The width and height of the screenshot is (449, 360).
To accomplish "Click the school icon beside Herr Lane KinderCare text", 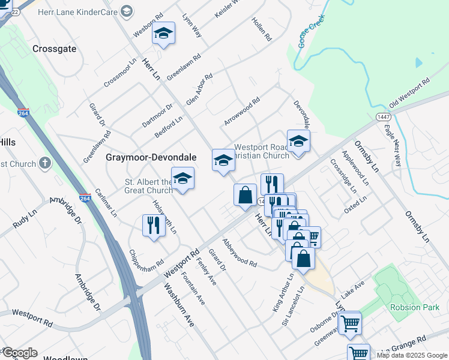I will [127, 11].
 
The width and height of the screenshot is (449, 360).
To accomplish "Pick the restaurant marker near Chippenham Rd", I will [154, 225].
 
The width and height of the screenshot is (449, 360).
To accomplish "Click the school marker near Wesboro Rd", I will [163, 34].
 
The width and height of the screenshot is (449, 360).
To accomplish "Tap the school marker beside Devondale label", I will [298, 142].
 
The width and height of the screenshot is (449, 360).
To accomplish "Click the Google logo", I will [19, 353].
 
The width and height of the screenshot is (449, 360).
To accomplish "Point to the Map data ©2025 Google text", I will [411, 355].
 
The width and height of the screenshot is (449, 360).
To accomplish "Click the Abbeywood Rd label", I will [239, 253].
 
